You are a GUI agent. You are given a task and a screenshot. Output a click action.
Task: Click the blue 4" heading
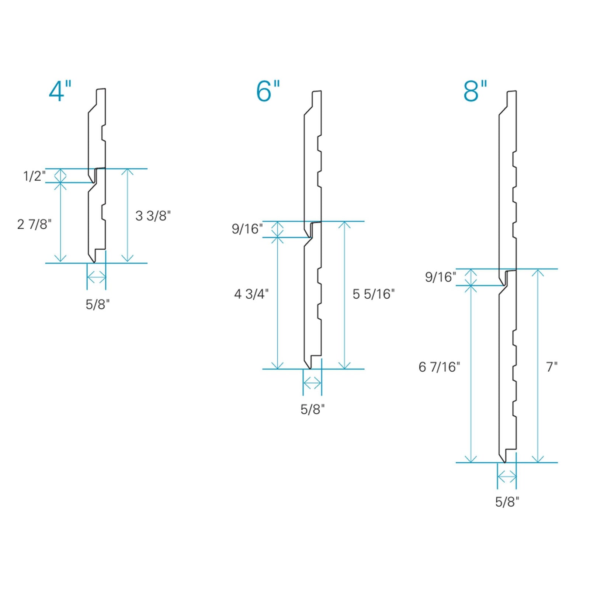click(x=60, y=91)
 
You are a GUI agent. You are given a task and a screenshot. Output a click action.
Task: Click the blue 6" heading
click(x=268, y=91)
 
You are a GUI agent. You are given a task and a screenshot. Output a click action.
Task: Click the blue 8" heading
click(x=475, y=91)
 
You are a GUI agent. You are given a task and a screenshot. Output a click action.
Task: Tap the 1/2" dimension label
click(x=34, y=176)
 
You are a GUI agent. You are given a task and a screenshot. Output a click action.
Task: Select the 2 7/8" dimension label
click(x=34, y=224)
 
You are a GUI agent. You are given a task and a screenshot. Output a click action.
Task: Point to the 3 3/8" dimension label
click(x=153, y=216)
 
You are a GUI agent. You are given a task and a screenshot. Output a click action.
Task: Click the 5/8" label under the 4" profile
click(x=98, y=305)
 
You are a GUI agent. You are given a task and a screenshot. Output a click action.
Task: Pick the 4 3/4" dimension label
click(x=251, y=294)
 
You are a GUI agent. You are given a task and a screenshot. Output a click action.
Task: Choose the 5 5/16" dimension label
click(x=374, y=294)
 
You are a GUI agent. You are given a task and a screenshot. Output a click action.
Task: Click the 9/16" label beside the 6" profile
click(x=247, y=229)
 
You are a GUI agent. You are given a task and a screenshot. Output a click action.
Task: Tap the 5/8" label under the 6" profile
click(x=312, y=409)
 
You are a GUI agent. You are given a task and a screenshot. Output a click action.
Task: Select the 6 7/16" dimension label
click(x=439, y=367)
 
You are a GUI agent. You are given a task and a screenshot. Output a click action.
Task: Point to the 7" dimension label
click(x=552, y=367)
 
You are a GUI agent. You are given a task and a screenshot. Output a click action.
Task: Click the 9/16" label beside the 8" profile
click(x=440, y=277)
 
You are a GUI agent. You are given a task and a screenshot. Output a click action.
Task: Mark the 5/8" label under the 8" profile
click(x=507, y=502)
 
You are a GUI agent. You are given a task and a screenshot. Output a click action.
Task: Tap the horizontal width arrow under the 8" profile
click(x=507, y=477)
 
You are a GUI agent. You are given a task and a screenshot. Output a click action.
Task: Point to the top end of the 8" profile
click(x=512, y=91)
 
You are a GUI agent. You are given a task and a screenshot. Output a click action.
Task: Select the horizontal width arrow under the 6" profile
click(x=312, y=383)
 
